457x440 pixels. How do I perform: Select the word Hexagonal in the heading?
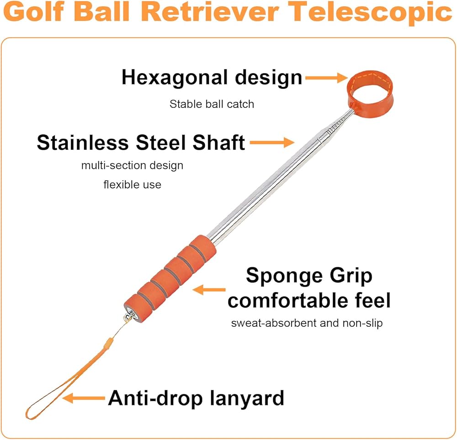click(175, 78)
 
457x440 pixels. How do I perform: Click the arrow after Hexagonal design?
click(326, 78)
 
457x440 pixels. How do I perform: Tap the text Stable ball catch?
click(212, 104)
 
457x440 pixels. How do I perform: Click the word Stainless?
click(83, 142)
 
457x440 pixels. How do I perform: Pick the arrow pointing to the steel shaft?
click(272, 142)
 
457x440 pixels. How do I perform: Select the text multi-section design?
click(133, 165)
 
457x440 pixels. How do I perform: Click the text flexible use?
click(133, 184)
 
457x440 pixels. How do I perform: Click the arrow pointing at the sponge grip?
click(209, 289)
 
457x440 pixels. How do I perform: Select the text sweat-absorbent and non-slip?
click(307, 323)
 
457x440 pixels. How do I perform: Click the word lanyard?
click(247, 398)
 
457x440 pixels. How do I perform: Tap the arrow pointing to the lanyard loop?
click(84, 398)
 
